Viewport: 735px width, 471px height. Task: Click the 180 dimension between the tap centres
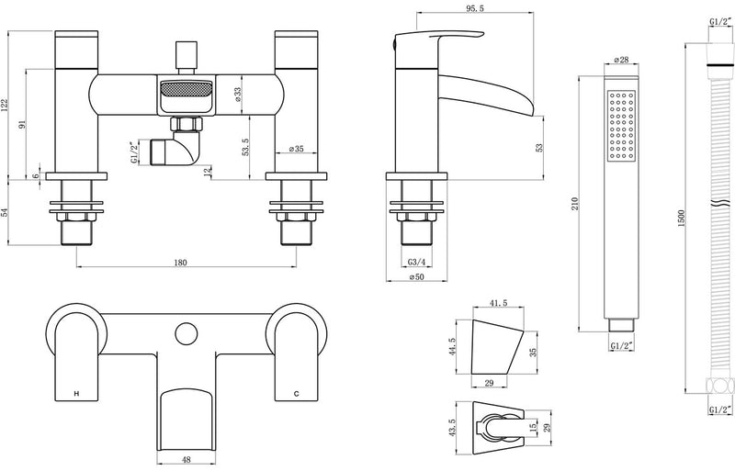(x=180, y=263)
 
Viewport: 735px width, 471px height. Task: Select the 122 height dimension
(x=7, y=107)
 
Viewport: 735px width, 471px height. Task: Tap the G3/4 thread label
(x=416, y=262)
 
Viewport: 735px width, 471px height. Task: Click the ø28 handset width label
(x=619, y=62)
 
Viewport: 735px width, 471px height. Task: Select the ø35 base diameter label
(x=298, y=148)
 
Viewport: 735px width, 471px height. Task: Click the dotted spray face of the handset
(x=621, y=129)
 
